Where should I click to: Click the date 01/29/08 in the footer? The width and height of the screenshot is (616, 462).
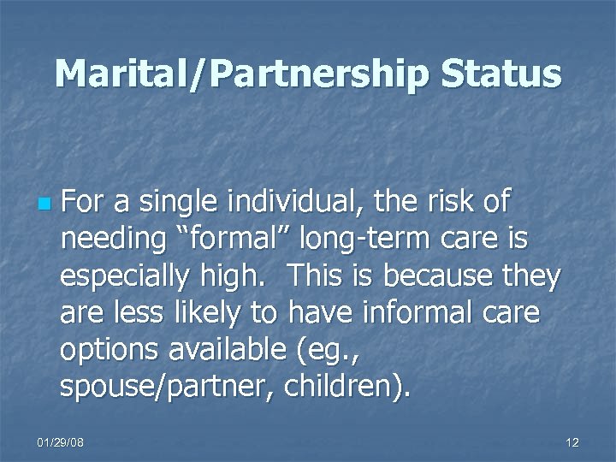pos(61,441)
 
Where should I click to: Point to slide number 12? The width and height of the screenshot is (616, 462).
pos(572,441)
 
